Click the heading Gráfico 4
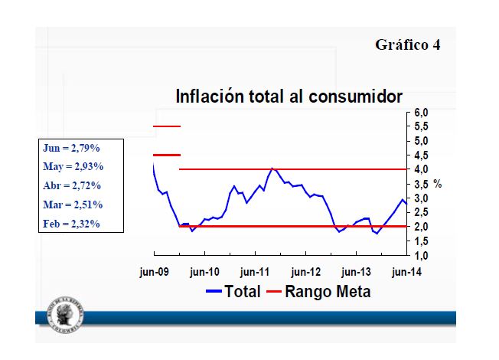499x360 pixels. (x=407, y=44)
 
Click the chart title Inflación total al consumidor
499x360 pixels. (x=289, y=97)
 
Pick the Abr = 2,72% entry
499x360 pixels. (x=72, y=185)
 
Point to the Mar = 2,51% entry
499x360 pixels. (x=72, y=205)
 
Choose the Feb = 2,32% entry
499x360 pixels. (x=72, y=224)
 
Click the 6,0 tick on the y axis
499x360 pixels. (x=422, y=113)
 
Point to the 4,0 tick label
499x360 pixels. (x=422, y=169)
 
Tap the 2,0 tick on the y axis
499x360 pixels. (x=422, y=227)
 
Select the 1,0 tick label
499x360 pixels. (x=422, y=256)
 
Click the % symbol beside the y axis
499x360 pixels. (x=438, y=184)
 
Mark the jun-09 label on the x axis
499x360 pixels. (x=155, y=271)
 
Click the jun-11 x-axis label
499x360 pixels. (x=256, y=271)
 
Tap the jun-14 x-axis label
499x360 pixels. (x=406, y=271)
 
